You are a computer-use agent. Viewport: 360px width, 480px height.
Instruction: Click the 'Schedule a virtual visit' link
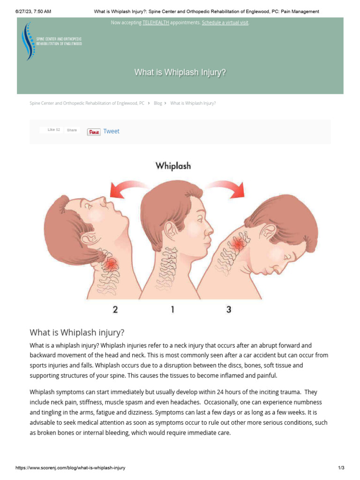coord(225,22)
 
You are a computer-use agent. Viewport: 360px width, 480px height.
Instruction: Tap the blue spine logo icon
coord(29,42)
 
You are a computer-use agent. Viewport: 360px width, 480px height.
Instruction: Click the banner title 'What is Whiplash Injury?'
coord(180,72)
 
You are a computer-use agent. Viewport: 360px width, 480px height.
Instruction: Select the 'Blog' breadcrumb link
coord(158,103)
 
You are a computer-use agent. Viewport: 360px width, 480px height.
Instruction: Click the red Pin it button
coord(94,132)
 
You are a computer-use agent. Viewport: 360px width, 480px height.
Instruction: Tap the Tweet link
coord(111,131)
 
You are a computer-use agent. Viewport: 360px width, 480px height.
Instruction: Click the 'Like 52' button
coord(52,130)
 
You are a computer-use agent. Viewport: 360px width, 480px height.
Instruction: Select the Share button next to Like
coord(72,130)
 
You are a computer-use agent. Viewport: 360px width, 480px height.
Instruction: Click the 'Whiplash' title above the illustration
coord(173,165)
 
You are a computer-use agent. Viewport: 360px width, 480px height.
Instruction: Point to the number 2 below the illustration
coord(115,309)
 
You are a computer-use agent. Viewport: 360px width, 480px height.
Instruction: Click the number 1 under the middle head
coord(172,309)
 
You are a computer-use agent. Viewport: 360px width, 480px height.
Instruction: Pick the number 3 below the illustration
coord(229,309)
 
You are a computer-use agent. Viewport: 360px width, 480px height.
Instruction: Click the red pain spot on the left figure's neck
coord(111,265)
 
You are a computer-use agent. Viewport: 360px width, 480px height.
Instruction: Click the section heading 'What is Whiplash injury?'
coord(77,333)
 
